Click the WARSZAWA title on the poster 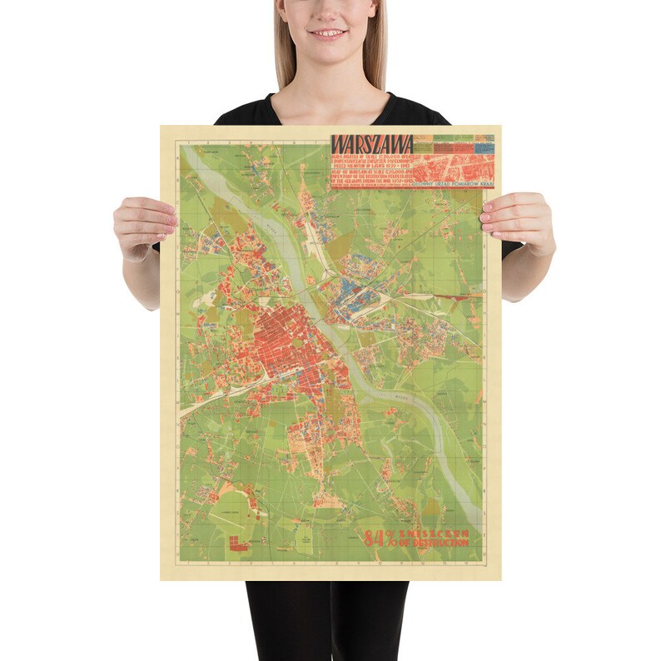point(372,144)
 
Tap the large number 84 point(372,539)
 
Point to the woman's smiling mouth point(329,35)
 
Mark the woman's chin point(329,55)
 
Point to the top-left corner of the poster point(162,127)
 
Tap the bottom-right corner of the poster point(500,579)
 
